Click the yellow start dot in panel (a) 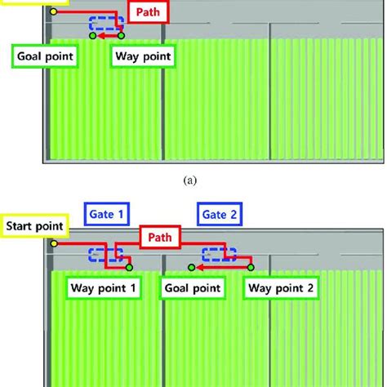[53, 12]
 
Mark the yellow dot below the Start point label [53, 242]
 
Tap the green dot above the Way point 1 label [130, 266]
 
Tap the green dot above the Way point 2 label [251, 266]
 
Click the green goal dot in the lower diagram [191, 266]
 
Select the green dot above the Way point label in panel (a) [122, 35]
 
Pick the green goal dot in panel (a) [92, 35]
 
